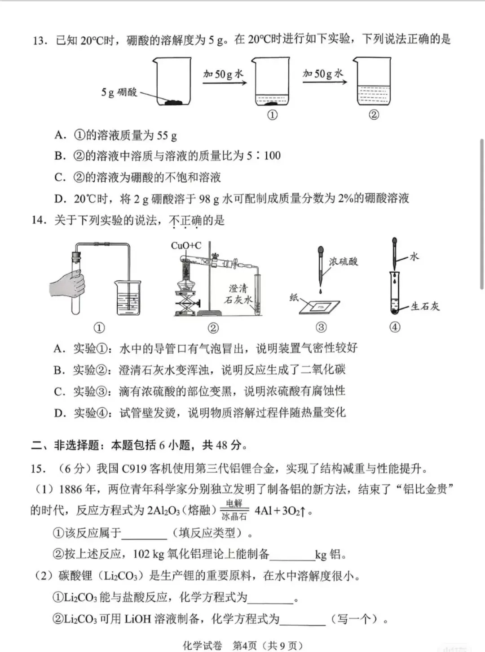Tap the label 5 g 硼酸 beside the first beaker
pyautogui.click(x=119, y=92)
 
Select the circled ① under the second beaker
pyautogui.click(x=272, y=115)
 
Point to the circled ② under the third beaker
pyautogui.click(x=374, y=115)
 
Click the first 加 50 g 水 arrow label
pyautogui.click(x=223, y=74)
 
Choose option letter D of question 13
pyautogui.click(x=60, y=199)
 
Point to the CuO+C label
pyautogui.click(x=186, y=245)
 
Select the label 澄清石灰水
pyautogui.click(x=238, y=294)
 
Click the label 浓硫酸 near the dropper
pyautogui.click(x=344, y=261)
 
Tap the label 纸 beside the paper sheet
pyautogui.click(x=294, y=297)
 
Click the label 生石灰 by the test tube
pyautogui.click(x=425, y=306)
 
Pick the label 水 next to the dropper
pyautogui.click(x=414, y=256)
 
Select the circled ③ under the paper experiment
pyautogui.click(x=321, y=327)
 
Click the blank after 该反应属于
pyautogui.click(x=144, y=534)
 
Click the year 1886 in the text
pyautogui.click(x=71, y=489)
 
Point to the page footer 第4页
pyautogui.click(x=244, y=645)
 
